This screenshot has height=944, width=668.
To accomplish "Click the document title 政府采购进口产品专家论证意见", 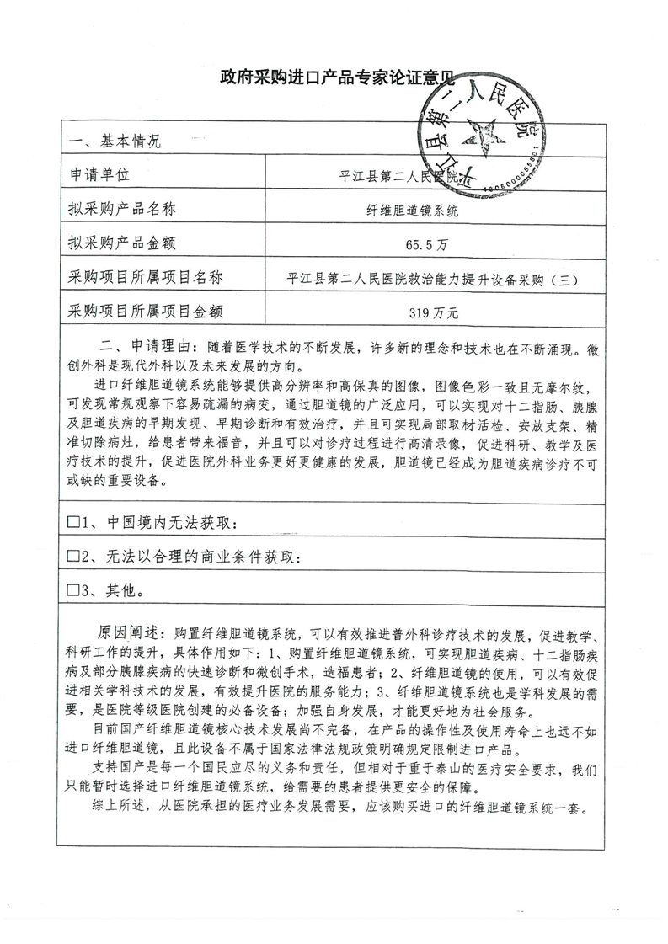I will coord(335,79).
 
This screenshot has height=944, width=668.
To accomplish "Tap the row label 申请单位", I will coord(99,175).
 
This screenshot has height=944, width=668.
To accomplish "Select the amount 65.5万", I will coord(419,246).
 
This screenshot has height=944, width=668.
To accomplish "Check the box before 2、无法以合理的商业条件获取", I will coord(72,557).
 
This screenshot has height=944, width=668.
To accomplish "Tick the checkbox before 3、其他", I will coord(72,590).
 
